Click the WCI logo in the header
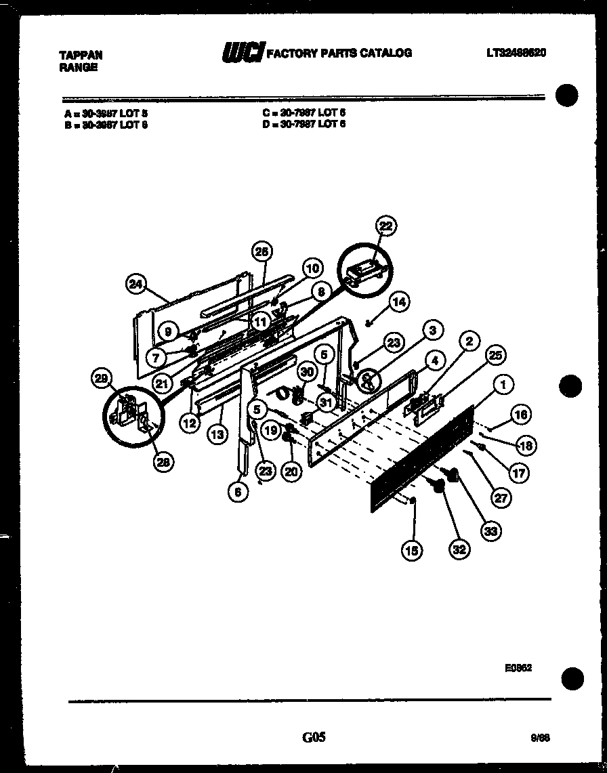pyautogui.click(x=243, y=53)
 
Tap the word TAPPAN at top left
pyautogui.click(x=81, y=55)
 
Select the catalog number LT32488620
pyautogui.click(x=516, y=52)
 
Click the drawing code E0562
pyautogui.click(x=518, y=667)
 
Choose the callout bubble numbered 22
pyautogui.click(x=385, y=226)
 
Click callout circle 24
pyautogui.click(x=137, y=285)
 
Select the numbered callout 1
pyautogui.click(x=502, y=385)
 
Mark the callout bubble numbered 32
pyautogui.click(x=459, y=549)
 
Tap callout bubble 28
pyautogui.click(x=163, y=462)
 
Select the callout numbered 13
pyautogui.click(x=217, y=436)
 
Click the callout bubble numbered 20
pyautogui.click(x=291, y=472)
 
